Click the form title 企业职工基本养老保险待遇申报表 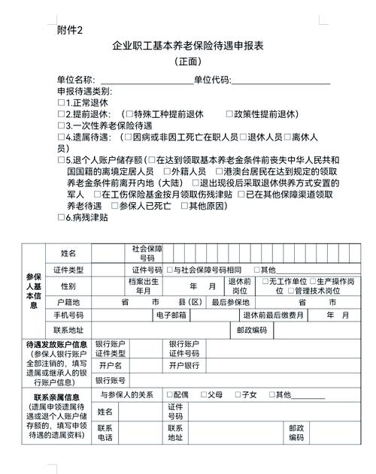click(x=187, y=47)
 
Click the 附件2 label click(x=71, y=29)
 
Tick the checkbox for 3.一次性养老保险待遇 click(x=61, y=126)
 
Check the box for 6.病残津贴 click(x=61, y=218)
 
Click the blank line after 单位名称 click(x=144, y=80)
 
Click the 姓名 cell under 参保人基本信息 click(x=68, y=252)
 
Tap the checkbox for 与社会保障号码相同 click(x=170, y=270)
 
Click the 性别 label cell click(x=68, y=286)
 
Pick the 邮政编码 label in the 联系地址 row click(x=251, y=330)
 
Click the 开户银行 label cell click(x=185, y=365)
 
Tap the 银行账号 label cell click(x=110, y=380)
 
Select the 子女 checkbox click(x=238, y=394)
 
